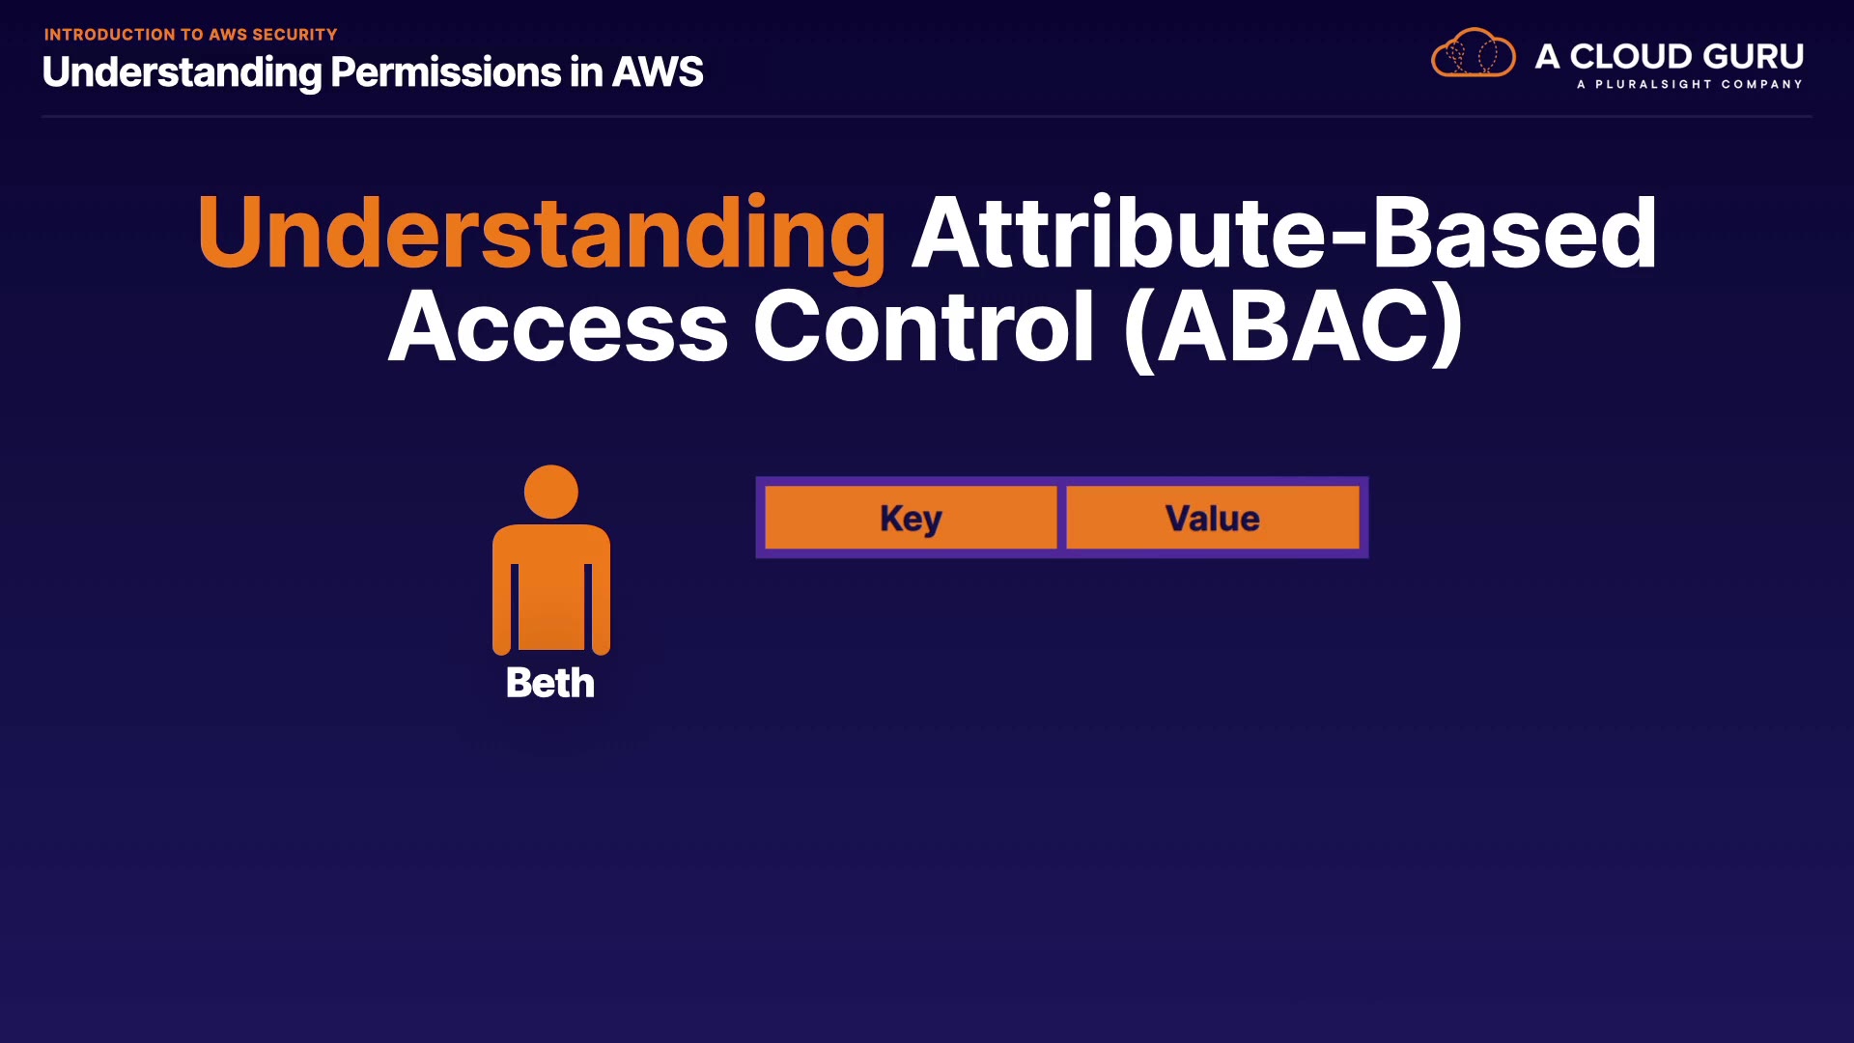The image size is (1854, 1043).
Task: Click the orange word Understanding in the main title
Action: point(542,234)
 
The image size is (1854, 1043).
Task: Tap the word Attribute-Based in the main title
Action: point(1284,232)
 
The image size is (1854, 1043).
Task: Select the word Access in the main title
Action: point(558,326)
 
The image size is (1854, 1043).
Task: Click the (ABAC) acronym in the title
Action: point(1294,326)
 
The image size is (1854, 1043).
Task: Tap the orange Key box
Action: point(911,518)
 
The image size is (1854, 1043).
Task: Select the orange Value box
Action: point(1213,518)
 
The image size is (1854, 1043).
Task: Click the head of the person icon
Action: point(551,492)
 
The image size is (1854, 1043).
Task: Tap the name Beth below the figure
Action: point(550,683)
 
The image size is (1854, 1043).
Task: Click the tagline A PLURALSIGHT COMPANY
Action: point(1690,84)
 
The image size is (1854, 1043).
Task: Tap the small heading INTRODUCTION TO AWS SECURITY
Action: point(190,35)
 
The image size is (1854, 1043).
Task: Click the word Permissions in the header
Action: point(445,72)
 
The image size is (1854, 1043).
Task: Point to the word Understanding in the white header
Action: point(182,73)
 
